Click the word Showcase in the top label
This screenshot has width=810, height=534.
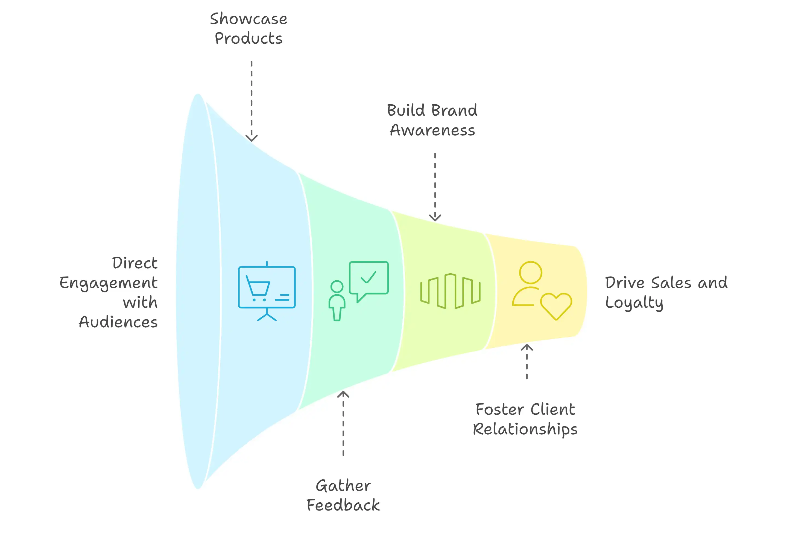[x=248, y=19]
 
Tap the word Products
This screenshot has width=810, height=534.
[x=248, y=38]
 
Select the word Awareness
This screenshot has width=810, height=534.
[x=432, y=130]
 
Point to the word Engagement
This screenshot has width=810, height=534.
[x=109, y=283]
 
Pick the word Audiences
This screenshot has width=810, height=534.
[x=118, y=322]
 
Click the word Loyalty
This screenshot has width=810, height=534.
[x=634, y=303]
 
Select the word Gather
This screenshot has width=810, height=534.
[x=343, y=486]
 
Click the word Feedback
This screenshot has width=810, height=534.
[x=343, y=505]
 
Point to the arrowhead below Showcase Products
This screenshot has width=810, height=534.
[x=252, y=138]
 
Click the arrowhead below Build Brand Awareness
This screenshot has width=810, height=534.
[x=435, y=218]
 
